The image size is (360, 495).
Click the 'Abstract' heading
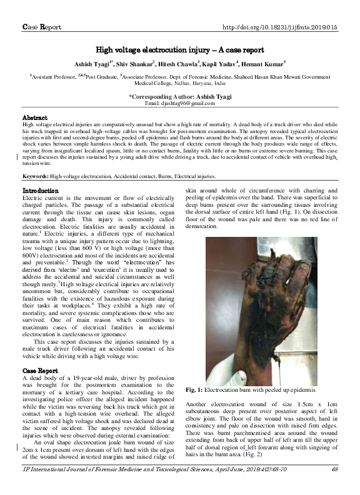coord(35,117)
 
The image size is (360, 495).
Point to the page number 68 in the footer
coord(335,486)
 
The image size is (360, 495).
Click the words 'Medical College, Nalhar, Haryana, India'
coord(180,82)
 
